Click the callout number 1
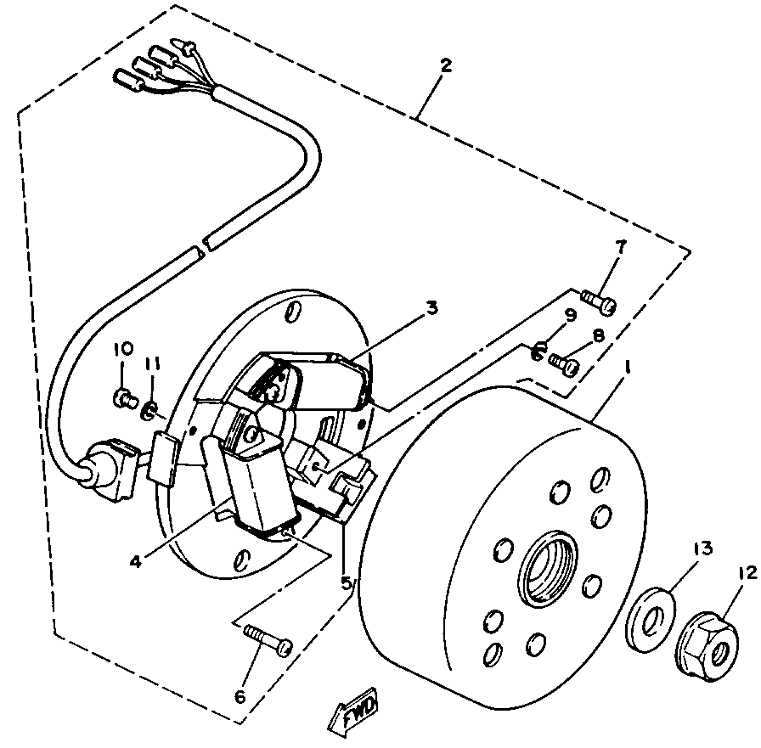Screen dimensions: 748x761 (629, 368)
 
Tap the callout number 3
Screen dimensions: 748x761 (432, 307)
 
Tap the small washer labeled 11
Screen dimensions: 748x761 (149, 413)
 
